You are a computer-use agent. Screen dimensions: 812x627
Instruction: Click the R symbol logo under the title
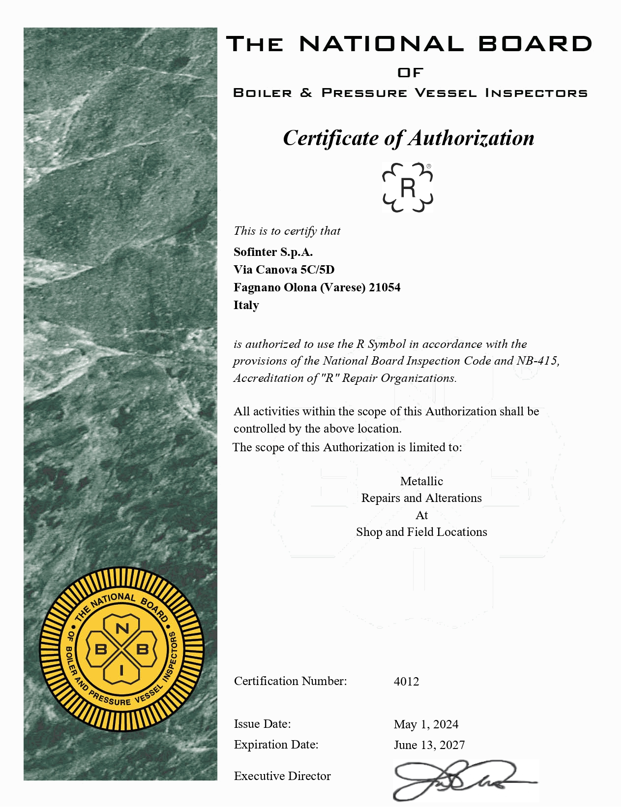pyautogui.click(x=408, y=187)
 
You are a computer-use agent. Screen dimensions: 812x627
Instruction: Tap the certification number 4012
pyautogui.click(x=406, y=682)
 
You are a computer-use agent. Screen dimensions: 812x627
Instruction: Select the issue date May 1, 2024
pyautogui.click(x=426, y=724)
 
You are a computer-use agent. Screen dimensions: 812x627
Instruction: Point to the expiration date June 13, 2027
pyautogui.click(x=429, y=745)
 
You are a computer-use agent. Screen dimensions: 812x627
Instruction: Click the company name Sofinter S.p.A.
pyautogui.click(x=273, y=252)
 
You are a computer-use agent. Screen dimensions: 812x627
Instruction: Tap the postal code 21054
pyautogui.click(x=385, y=287)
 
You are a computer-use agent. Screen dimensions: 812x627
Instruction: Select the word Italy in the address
pyautogui.click(x=246, y=305)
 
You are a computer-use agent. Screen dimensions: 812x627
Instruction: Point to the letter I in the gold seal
pyautogui.click(x=121, y=670)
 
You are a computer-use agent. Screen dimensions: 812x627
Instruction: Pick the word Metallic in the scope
pyautogui.click(x=421, y=481)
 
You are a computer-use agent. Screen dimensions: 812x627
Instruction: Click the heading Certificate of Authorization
pyautogui.click(x=408, y=138)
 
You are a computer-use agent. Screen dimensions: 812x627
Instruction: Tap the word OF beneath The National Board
pyautogui.click(x=410, y=73)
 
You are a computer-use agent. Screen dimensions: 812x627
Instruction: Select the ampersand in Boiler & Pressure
pyautogui.click(x=306, y=93)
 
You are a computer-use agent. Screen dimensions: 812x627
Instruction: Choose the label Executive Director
pyautogui.click(x=282, y=776)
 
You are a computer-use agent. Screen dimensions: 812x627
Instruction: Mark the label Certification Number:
pyautogui.click(x=290, y=681)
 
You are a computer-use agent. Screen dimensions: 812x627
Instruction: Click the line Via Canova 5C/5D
pyautogui.click(x=284, y=270)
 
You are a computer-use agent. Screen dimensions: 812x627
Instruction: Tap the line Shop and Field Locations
pyautogui.click(x=421, y=532)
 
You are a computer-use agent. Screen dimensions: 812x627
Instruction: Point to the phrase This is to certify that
pyautogui.click(x=287, y=231)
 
